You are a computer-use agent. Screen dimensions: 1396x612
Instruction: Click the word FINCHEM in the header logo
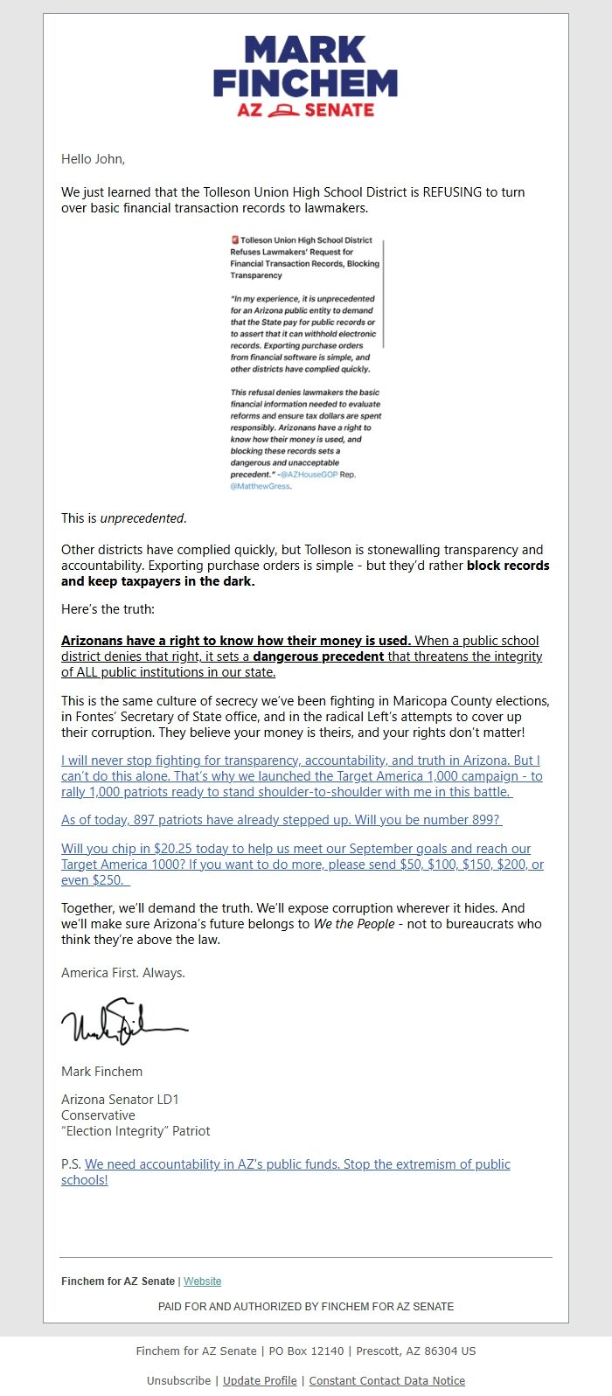(x=305, y=83)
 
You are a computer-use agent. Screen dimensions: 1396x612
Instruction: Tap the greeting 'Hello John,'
(x=93, y=159)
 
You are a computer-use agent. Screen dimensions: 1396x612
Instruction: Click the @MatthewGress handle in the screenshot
(x=260, y=486)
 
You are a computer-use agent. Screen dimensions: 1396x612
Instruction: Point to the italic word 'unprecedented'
(x=142, y=518)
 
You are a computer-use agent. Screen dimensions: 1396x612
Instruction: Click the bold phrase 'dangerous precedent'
(x=318, y=656)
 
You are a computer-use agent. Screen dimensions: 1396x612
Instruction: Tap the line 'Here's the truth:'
(x=108, y=609)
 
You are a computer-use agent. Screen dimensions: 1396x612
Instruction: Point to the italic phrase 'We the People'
(x=354, y=924)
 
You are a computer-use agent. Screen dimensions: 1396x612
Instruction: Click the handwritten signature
(x=123, y=1021)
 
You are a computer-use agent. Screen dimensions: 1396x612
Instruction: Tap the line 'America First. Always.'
(x=123, y=973)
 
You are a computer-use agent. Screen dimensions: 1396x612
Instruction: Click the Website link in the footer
(x=202, y=1281)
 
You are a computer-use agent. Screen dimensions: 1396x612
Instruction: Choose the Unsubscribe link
(x=177, y=1381)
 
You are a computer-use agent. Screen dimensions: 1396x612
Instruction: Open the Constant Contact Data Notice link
(x=386, y=1381)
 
